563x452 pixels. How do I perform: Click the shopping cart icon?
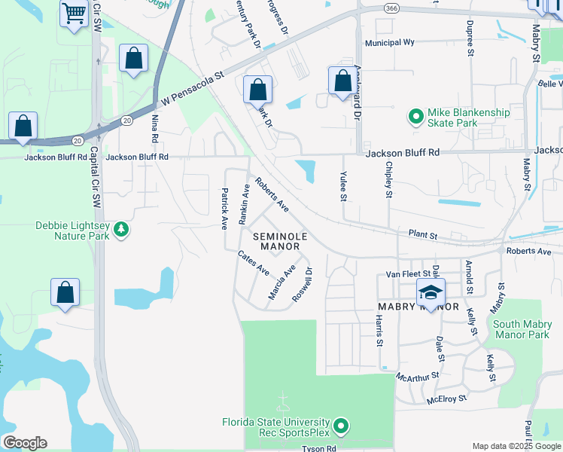tap(74, 13)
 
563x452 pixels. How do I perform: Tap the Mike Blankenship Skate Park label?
tap(468, 118)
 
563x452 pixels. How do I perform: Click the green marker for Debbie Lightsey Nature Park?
tap(120, 230)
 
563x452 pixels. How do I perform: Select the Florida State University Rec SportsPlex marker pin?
tap(341, 427)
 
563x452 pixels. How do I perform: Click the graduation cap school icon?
tap(431, 293)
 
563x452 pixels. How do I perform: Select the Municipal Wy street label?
tap(390, 43)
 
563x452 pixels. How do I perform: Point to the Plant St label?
tap(423, 235)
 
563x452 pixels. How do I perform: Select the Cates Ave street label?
tap(253, 262)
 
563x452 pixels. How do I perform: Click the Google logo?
tap(25, 443)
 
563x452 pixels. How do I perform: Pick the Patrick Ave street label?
tap(224, 209)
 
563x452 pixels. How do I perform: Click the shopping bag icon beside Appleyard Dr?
tap(342, 80)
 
